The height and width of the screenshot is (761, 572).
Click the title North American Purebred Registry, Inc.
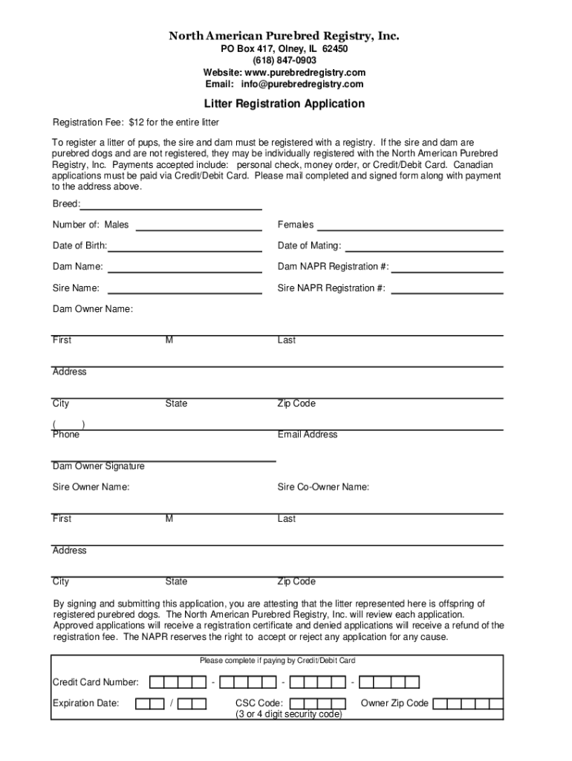(285, 36)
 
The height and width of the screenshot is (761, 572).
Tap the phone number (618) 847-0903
(285, 60)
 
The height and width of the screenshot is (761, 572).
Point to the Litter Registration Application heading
(285, 104)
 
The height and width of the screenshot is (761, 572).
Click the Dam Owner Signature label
(98, 466)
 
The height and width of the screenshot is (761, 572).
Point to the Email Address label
(308, 434)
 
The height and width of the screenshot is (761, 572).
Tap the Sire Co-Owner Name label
(323, 487)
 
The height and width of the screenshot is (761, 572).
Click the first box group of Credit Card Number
(178, 682)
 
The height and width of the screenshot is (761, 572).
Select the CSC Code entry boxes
(317, 703)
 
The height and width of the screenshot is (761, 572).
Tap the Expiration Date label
(85, 703)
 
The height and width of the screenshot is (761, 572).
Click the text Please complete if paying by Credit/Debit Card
(277, 660)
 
